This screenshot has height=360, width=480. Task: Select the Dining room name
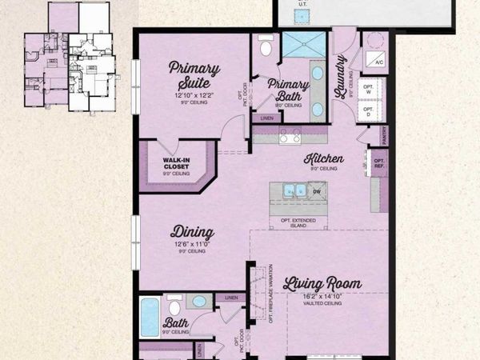point(192,233)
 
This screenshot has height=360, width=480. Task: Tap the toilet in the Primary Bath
point(266,46)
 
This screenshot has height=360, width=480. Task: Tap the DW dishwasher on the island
point(316,190)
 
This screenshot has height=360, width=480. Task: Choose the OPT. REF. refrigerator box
point(379,164)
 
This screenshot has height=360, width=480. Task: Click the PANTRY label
point(385,137)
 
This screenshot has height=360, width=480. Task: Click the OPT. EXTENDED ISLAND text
point(298,221)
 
